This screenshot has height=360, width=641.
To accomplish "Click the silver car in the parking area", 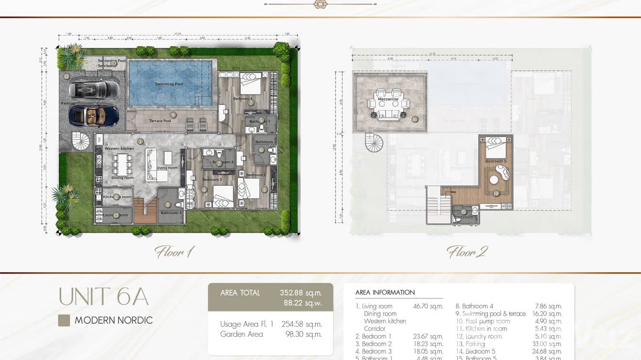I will click(x=94, y=89).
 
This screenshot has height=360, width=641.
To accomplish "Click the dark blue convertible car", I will click(x=94, y=115).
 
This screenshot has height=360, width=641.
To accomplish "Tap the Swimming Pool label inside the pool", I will click(x=169, y=85).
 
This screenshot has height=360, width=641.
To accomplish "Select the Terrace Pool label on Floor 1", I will click(x=160, y=121).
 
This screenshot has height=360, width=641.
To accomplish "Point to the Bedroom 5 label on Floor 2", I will click(x=494, y=161).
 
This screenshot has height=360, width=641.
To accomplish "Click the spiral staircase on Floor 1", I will click(x=81, y=141).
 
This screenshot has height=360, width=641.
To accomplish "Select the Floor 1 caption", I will click(x=174, y=252).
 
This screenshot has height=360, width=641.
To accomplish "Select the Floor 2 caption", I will click(x=467, y=252).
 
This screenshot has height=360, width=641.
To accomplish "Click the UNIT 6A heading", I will click(x=103, y=296).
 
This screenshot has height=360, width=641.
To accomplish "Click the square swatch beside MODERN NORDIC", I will click(x=64, y=320).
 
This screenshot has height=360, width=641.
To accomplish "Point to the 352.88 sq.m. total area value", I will click(x=300, y=293).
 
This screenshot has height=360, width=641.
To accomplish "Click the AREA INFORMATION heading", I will click(x=385, y=292).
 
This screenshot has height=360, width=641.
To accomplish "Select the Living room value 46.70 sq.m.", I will click(x=428, y=307).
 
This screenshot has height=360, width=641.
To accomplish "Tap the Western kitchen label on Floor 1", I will click(x=119, y=148).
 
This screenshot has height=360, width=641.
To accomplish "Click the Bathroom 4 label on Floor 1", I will click(x=171, y=213).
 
